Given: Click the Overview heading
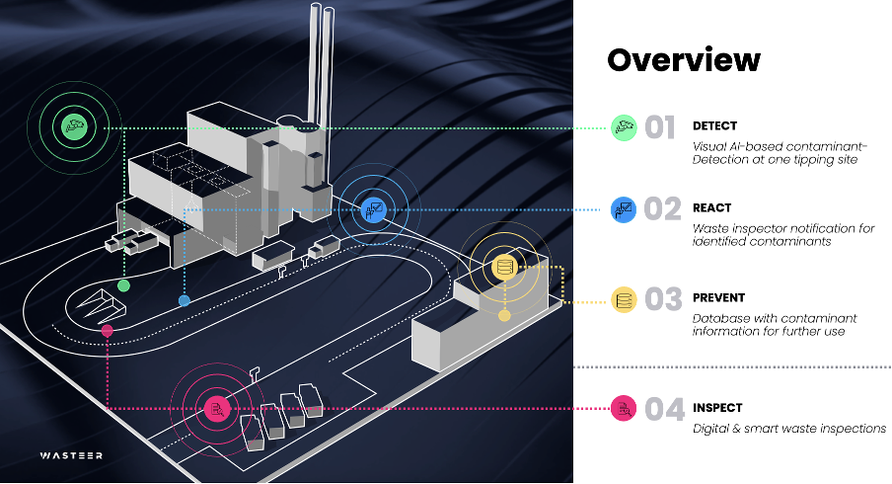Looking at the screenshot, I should pyautogui.click(x=683, y=60).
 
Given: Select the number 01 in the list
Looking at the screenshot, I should pyautogui.click(x=660, y=127).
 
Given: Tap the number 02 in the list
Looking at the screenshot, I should pyautogui.click(x=662, y=209).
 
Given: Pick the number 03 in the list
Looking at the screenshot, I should pyautogui.click(x=663, y=299).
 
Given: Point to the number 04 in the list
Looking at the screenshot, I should pyautogui.click(x=663, y=409).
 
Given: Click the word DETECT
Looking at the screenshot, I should pyautogui.click(x=714, y=126).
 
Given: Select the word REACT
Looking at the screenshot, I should pyautogui.click(x=711, y=208).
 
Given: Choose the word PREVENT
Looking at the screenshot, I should pyautogui.click(x=718, y=297).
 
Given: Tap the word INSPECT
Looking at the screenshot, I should pyautogui.click(x=717, y=408).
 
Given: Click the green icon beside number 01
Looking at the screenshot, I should pyautogui.click(x=623, y=127).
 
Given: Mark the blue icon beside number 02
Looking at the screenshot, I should pyautogui.click(x=623, y=209).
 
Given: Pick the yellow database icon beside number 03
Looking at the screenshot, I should pyautogui.click(x=623, y=299).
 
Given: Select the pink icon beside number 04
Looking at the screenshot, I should pyautogui.click(x=623, y=408).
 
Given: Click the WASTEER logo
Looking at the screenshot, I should pyautogui.click(x=71, y=455).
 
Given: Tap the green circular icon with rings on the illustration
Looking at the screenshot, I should pyautogui.click(x=72, y=126).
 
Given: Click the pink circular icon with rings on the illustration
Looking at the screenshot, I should pyautogui.click(x=216, y=407).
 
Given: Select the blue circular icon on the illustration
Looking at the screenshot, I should pyautogui.click(x=373, y=207).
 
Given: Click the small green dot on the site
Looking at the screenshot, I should pyautogui.click(x=123, y=285).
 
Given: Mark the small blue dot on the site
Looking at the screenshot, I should pyautogui.click(x=184, y=300).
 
